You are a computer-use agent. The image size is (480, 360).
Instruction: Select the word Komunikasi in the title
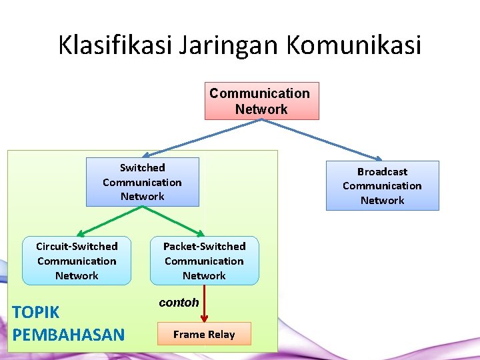coord(354,45)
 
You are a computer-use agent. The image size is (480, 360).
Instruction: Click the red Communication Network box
coord(261,101)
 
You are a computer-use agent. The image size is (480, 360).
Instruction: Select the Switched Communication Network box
coord(142,182)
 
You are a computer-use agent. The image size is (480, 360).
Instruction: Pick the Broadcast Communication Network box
coord(382,186)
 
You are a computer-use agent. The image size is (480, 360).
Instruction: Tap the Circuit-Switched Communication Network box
coord(77,261)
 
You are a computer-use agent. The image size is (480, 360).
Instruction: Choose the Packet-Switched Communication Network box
coord(204,261)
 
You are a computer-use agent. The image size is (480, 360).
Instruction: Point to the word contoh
coord(179,303)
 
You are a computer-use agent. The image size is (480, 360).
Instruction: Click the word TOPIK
coord(36,312)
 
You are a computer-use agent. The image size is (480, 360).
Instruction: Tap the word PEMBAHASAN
coord(69,334)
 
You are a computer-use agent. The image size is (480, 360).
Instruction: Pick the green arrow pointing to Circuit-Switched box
coord(110,221)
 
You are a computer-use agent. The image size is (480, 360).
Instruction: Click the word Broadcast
coord(382,172)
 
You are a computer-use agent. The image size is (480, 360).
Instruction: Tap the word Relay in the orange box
coord(221,335)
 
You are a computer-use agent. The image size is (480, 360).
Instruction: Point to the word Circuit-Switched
coord(77,247)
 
